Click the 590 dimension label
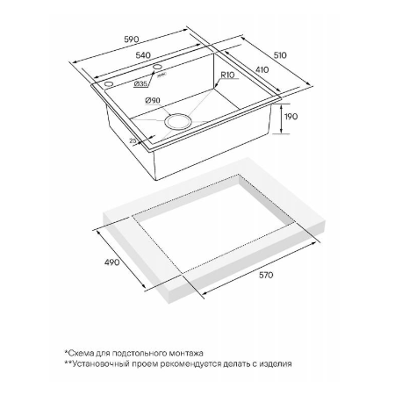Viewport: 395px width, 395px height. (132, 39)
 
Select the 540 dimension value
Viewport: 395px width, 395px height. (143, 55)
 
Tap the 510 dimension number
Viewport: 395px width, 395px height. (280, 55)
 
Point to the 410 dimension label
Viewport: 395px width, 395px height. (262, 70)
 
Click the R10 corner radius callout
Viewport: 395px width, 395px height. (227, 75)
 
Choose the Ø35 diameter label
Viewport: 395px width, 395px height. (140, 84)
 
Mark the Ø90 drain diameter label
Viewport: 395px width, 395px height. (153, 100)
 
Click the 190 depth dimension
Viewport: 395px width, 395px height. (291, 117)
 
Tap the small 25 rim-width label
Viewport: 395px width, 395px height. (133, 140)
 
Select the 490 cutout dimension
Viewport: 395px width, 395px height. (112, 262)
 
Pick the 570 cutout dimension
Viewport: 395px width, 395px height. (266, 276)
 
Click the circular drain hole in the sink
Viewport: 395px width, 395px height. (178, 121)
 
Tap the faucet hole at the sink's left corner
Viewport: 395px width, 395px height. (108, 84)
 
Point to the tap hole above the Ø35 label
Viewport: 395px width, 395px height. (158, 67)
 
